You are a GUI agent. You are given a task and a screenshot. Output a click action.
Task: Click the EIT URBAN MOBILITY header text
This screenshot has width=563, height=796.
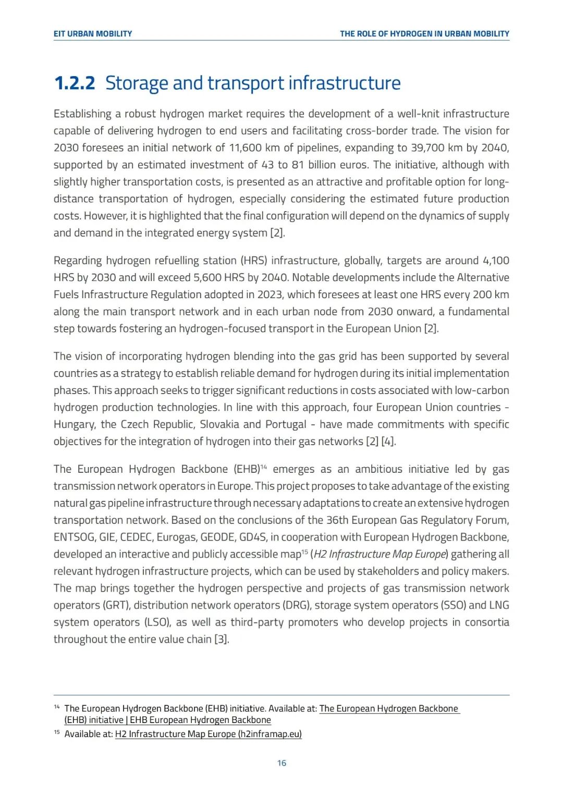coord(93,34)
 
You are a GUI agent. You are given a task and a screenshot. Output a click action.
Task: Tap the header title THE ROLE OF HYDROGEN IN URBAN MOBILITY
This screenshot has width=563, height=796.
coord(424,34)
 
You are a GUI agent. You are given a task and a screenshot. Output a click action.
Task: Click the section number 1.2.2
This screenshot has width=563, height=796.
coord(75,83)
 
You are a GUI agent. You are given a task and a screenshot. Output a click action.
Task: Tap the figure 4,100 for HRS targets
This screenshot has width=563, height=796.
coord(496,261)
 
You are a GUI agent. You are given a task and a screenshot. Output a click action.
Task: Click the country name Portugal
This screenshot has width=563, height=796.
coord(286,425)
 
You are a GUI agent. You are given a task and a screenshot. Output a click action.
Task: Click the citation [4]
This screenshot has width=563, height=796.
coord(388,442)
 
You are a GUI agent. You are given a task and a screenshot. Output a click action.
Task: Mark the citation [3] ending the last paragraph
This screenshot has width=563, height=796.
coord(222,640)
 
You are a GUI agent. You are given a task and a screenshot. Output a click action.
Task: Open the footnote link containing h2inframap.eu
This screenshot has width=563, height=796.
coord(208,734)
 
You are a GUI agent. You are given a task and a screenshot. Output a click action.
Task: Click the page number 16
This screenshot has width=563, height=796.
coord(281,763)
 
